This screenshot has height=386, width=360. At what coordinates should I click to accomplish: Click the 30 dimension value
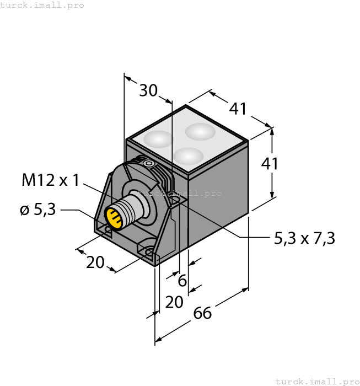click(148, 90)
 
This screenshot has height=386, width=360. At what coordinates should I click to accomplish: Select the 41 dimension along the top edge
click(238, 109)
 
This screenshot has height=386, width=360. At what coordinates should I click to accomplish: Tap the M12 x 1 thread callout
click(51, 180)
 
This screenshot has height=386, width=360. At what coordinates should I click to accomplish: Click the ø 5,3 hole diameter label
click(37, 210)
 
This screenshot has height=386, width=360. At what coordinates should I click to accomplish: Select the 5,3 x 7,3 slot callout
click(304, 238)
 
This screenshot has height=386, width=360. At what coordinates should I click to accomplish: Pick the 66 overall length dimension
click(202, 313)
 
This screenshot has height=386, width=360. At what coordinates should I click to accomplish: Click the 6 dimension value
click(182, 281)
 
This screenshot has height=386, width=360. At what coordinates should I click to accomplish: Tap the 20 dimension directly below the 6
click(174, 302)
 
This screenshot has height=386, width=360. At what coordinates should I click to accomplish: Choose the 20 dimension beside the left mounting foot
click(95, 262)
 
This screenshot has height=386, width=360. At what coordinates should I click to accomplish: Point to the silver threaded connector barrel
click(130, 207)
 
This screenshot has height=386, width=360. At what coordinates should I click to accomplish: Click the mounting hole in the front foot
click(149, 253)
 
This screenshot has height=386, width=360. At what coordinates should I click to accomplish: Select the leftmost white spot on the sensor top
click(158, 139)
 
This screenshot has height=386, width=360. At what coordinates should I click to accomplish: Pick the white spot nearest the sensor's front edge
click(188, 156)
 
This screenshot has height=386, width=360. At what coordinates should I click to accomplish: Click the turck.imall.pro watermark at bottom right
click(317, 381)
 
